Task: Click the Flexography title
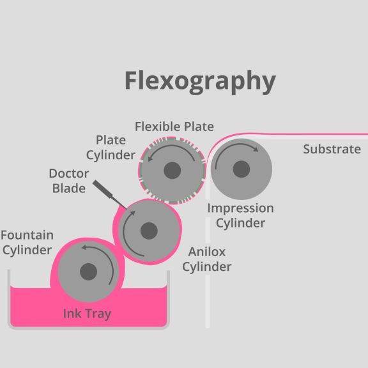pyautogui.click(x=200, y=81)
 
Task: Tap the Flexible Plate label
pyautogui.click(x=174, y=126)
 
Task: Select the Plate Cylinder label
pyautogui.click(x=111, y=148)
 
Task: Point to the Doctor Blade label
pyautogui.click(x=69, y=181)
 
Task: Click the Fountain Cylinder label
pyautogui.click(x=27, y=242)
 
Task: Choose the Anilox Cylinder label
pyautogui.click(x=207, y=259)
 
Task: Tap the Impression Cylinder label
pyautogui.click(x=241, y=215)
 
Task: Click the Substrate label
pyautogui.click(x=332, y=149)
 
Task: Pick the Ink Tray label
pyautogui.click(x=87, y=314)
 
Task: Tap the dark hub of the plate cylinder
pyautogui.click(x=172, y=171)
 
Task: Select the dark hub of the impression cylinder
pyautogui.click(x=241, y=169)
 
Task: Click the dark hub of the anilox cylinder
pyautogui.click(x=149, y=231)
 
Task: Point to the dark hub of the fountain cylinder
pyautogui.click(x=88, y=272)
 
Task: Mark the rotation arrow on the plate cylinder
pyautogui.click(x=172, y=146)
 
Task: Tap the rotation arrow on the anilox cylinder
pyautogui.click(x=124, y=233)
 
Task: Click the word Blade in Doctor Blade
pyautogui.click(x=69, y=188)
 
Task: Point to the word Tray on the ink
pyautogui.click(x=98, y=314)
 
